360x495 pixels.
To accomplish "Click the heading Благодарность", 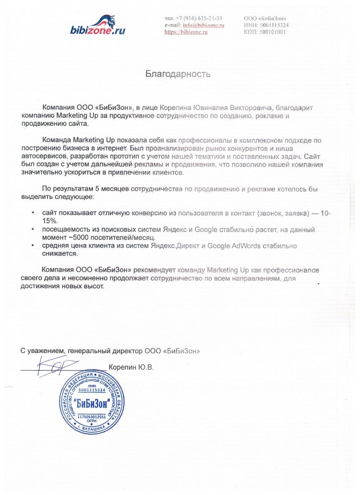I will coord(178,74).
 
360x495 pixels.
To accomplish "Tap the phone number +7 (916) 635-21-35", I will coord(199,18).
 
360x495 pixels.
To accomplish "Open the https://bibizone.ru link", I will coord(186,32).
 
